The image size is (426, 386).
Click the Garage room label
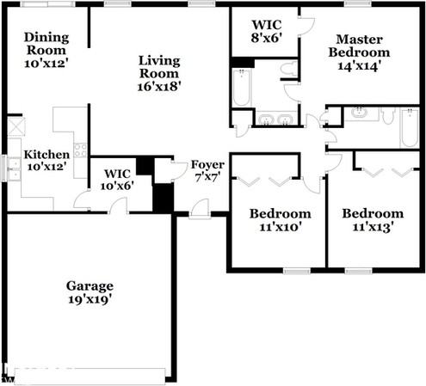tap(90, 292)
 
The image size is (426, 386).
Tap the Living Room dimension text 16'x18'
tap(158, 87)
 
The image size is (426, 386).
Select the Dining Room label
tap(46, 50)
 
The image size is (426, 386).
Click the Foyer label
tap(207, 171)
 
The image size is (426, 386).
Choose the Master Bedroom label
tap(359, 52)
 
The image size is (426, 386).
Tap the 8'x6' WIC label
tap(267, 31)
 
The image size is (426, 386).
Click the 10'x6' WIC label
tap(117, 180)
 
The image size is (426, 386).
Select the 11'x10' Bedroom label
tap(281, 220)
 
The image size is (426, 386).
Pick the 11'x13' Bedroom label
tap(373, 220)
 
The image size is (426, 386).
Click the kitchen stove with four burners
tap(80, 150)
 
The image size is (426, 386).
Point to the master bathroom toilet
tap(289, 69)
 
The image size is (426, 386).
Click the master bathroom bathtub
tap(242, 88)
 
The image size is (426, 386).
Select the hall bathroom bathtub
tap(410, 128)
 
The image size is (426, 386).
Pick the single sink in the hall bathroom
tap(360, 113)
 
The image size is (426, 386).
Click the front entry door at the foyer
tap(200, 209)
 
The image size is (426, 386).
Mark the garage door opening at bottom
tap(90, 376)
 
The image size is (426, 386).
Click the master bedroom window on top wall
tap(357, 4)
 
